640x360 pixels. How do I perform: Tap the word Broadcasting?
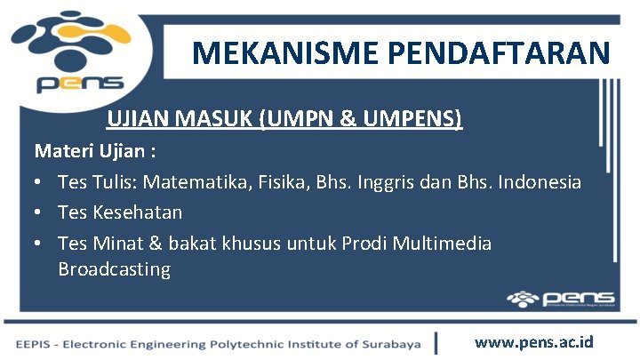(x=114, y=269)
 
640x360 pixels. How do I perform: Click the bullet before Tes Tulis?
(x=39, y=183)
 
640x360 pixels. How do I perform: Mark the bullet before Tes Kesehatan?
(x=39, y=213)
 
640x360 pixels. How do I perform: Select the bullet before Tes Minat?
(x=39, y=244)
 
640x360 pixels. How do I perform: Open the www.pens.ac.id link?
(x=534, y=341)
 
